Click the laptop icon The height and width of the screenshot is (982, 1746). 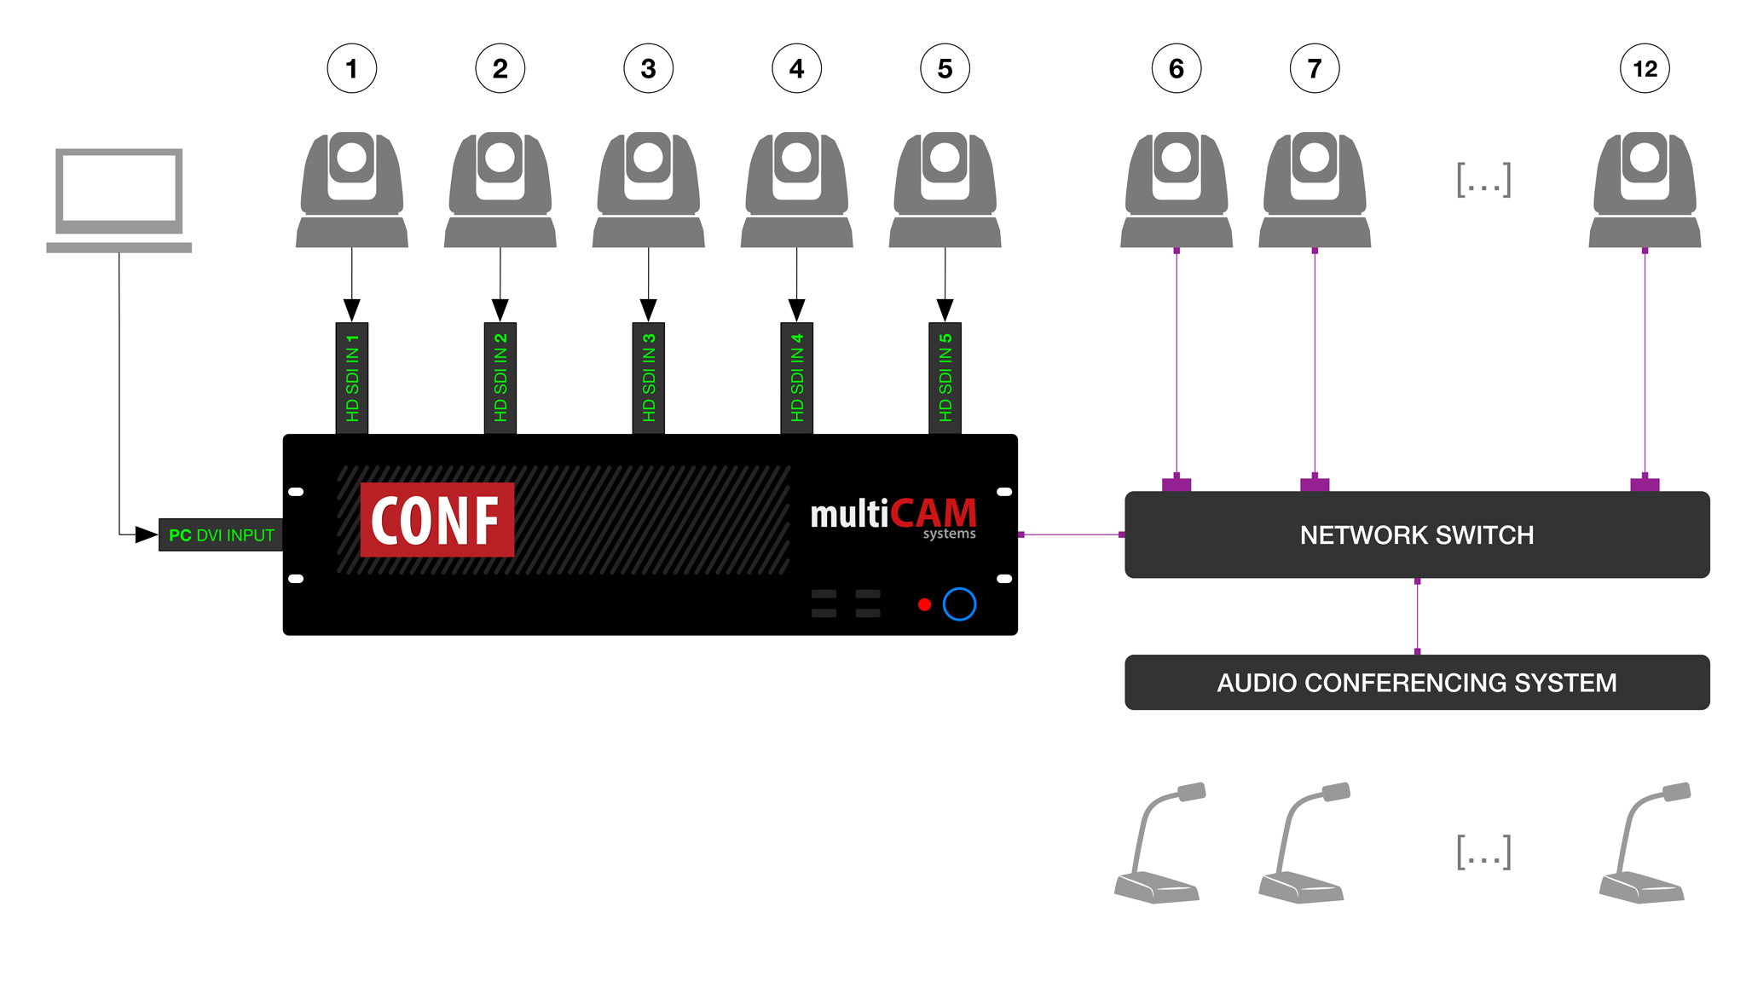119,199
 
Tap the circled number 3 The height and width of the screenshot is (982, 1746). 648,68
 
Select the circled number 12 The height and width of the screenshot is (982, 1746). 1645,68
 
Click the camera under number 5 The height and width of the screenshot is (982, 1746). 945,189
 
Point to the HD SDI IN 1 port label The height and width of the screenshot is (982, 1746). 352,378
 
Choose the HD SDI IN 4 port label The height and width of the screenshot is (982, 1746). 797,378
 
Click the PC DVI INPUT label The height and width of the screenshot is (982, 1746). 221,535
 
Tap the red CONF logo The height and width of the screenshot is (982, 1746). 436,520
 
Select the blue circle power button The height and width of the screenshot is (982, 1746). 959,604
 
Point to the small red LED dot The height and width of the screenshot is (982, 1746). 924,604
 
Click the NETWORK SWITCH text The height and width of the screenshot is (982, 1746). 1416,535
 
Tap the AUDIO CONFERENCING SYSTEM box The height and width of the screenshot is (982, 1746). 1416,682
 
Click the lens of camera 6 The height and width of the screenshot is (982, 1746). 1177,158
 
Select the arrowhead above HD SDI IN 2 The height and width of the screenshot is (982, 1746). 500,309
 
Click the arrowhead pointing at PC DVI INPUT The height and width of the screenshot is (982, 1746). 146,535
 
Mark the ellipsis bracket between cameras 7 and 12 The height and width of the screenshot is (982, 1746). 1483,180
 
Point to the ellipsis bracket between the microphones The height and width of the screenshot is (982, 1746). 1483,852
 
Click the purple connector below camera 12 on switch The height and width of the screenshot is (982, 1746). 1645,484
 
